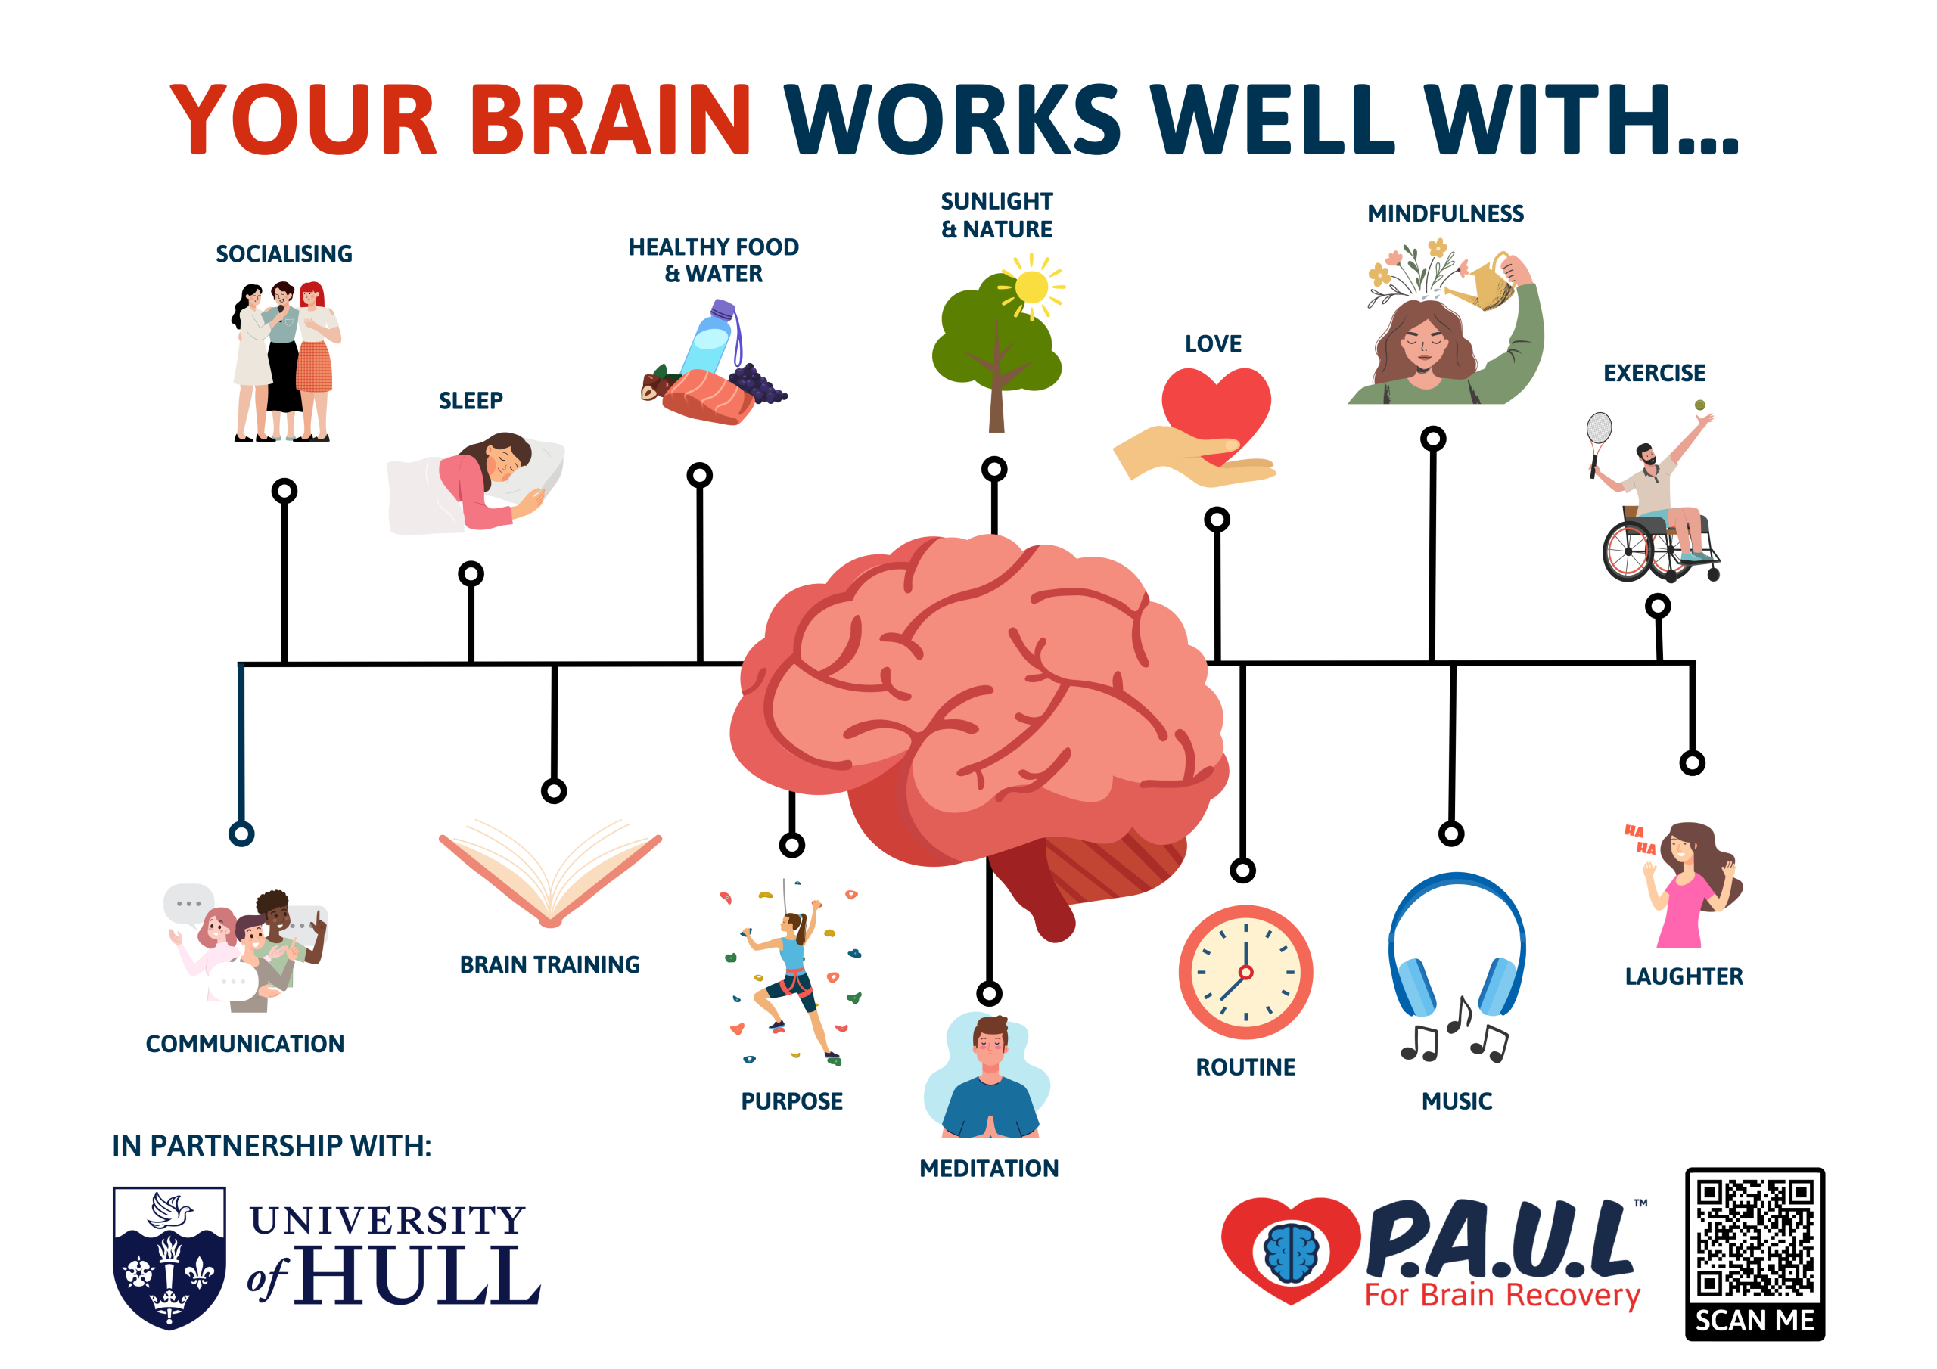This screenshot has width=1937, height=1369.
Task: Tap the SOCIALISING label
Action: click(284, 254)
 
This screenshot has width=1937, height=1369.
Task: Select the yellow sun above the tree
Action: click(1031, 287)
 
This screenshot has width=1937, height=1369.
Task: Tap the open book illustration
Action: click(550, 873)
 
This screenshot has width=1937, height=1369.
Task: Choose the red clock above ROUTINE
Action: click(1245, 972)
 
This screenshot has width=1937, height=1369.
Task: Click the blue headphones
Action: click(1457, 945)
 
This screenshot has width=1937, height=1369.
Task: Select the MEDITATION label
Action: click(989, 1169)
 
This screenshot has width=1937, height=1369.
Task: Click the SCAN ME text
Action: click(1755, 1320)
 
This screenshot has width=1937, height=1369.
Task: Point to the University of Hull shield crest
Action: click(169, 1257)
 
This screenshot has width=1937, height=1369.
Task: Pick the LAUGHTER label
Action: click(1684, 976)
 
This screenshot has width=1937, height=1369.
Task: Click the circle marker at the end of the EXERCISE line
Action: click(1658, 606)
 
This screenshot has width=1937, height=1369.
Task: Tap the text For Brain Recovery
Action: click(1503, 1295)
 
